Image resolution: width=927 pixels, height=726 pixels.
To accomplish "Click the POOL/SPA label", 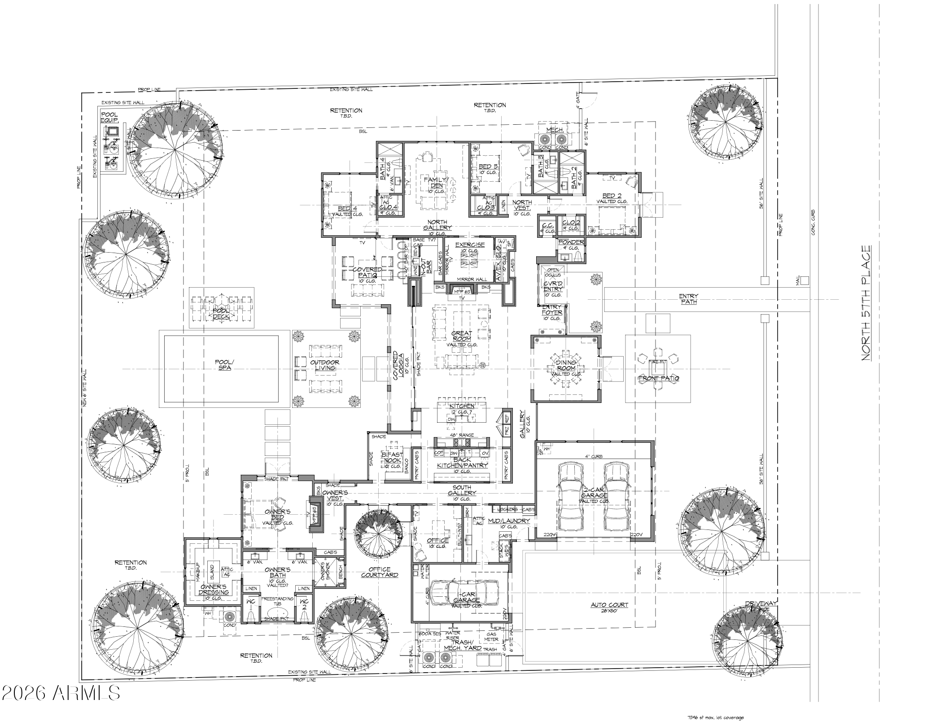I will (x=223, y=364).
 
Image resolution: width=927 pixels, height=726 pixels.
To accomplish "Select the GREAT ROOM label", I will (x=462, y=336).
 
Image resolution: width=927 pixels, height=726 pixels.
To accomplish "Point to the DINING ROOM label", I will (x=566, y=365).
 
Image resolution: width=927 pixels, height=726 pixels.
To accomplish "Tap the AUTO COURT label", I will (x=609, y=605).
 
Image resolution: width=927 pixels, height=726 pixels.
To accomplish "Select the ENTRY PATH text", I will (x=688, y=299).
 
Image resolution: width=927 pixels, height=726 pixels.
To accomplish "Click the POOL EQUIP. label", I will (x=109, y=118).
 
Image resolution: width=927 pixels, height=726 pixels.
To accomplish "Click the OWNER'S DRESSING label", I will (x=214, y=589).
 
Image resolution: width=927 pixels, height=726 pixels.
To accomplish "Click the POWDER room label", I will (x=571, y=242).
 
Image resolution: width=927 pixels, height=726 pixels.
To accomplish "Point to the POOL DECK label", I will (x=221, y=313).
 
